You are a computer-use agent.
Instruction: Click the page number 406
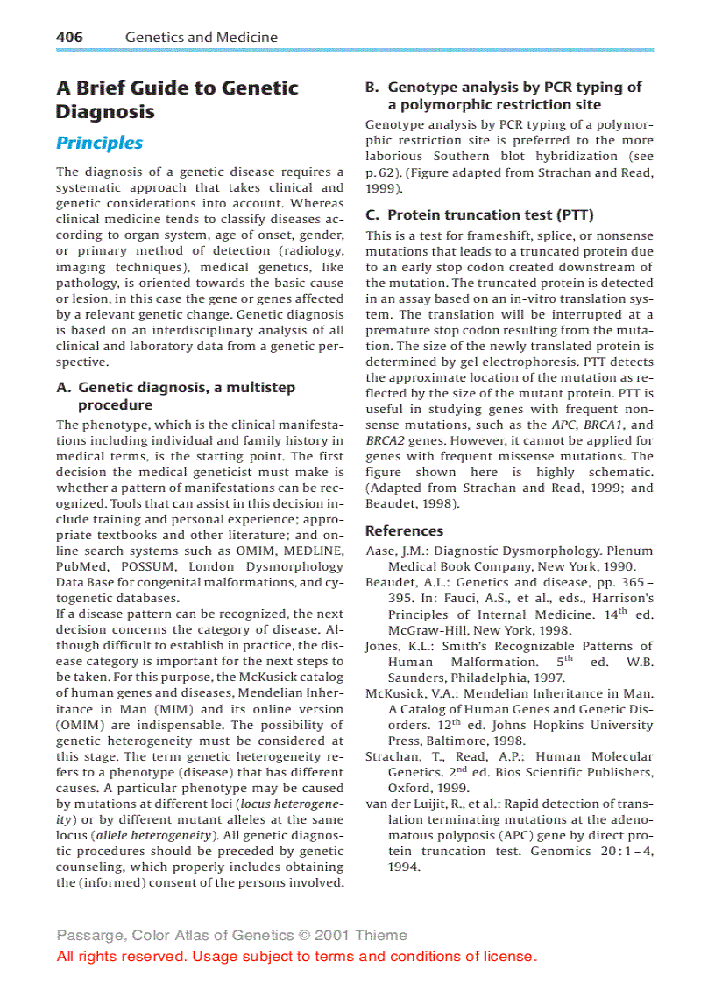pos(69,37)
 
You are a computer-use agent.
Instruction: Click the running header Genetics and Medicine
pos(201,37)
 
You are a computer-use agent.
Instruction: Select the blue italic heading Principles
pos(99,143)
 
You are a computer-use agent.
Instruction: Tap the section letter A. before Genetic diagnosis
pos(64,387)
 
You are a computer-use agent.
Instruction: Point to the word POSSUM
pos(167,566)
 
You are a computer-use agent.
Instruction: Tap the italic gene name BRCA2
pos(384,440)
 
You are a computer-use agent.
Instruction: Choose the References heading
pos(404,530)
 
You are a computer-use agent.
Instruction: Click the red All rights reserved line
pos(296,956)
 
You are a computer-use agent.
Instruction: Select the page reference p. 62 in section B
pos(382,172)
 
